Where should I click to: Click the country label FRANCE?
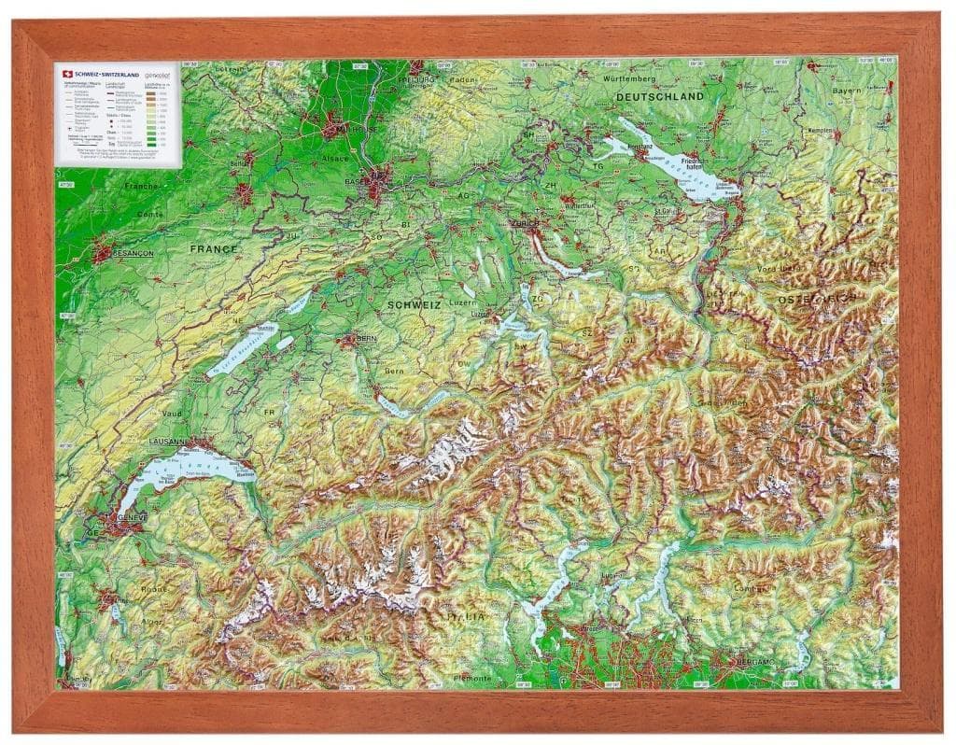pos(214,249)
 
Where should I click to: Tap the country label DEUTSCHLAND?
pos(659,97)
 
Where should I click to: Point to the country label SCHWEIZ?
pos(414,305)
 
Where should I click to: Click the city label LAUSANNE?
pos(169,441)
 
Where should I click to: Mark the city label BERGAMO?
pos(755,661)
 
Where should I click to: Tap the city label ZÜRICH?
pos(525,224)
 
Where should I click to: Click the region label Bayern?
pos(847,91)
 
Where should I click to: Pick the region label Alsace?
pos(335,159)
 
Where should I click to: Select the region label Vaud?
pos(172,413)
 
